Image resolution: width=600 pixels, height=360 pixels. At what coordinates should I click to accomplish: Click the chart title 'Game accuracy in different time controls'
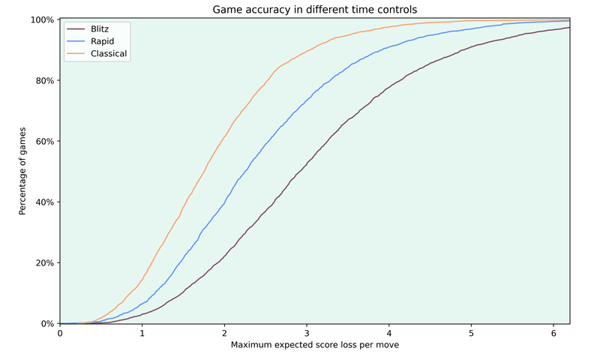315,9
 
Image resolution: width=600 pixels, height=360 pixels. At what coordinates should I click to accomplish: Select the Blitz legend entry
100,29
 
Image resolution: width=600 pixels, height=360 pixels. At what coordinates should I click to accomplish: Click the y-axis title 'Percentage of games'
22,171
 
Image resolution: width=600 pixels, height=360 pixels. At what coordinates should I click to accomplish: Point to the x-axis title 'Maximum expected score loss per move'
315,345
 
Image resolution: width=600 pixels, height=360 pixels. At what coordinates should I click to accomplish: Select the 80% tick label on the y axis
43,80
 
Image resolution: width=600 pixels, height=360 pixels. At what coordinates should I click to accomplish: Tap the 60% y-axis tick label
43,141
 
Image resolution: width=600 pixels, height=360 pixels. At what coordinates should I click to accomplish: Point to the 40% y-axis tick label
43,202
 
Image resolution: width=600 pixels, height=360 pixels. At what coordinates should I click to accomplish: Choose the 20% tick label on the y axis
43,262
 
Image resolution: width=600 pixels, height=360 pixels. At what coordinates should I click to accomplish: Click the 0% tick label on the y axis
46,324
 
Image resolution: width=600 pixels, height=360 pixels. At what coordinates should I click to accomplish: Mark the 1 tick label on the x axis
142,333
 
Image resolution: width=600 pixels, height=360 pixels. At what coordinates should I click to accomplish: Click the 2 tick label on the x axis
224,333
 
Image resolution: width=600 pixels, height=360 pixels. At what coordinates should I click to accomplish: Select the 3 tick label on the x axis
307,333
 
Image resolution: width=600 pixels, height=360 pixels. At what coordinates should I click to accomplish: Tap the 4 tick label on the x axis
388,333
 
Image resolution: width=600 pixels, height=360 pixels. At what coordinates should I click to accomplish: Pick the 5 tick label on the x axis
471,333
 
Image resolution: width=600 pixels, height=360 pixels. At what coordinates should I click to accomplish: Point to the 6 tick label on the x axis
553,333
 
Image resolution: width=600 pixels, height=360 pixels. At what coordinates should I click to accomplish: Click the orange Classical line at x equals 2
224,136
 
